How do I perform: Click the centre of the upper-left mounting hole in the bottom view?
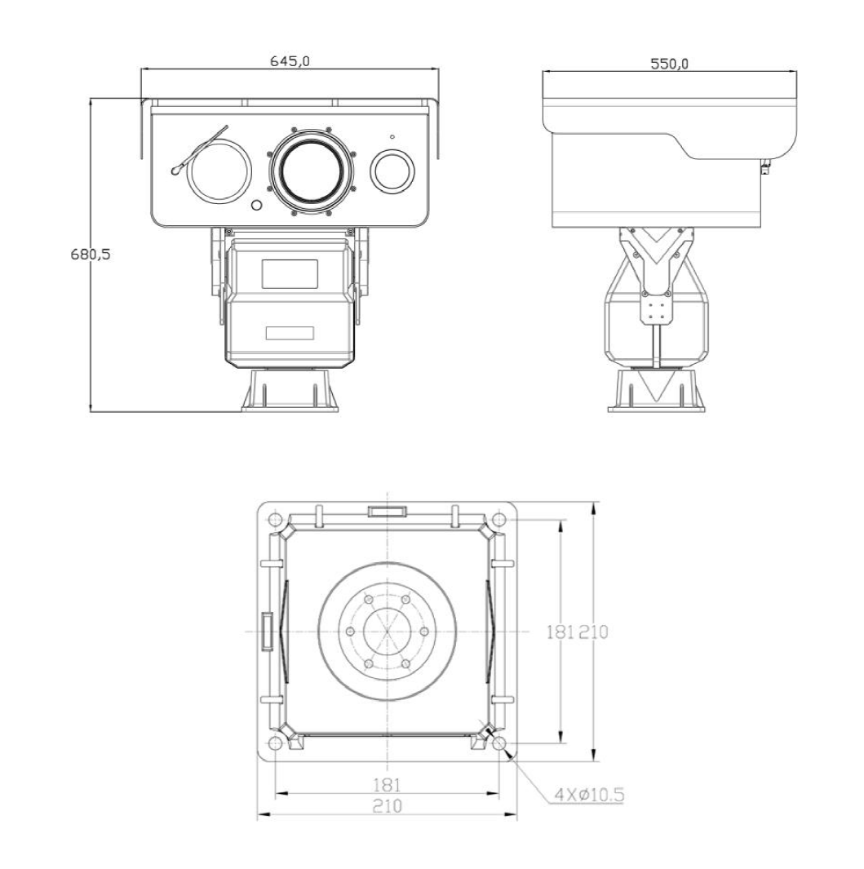click(x=274, y=521)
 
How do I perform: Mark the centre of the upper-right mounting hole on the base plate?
click(x=498, y=521)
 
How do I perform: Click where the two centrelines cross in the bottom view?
click(x=387, y=632)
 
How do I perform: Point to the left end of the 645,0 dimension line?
click(x=141, y=69)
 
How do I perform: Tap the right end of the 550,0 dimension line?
click(x=796, y=71)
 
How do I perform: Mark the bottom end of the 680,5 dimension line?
click(x=91, y=412)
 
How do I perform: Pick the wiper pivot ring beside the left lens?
click(x=176, y=171)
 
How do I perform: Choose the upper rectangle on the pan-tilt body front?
click(x=290, y=274)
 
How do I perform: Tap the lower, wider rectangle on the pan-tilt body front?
click(x=290, y=333)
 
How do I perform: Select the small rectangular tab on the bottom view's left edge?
click(x=268, y=632)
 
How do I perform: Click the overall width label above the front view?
click(x=290, y=60)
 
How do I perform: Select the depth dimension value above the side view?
click(x=669, y=64)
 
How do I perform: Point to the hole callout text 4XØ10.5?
click(x=590, y=795)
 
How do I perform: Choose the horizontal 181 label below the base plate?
click(x=387, y=785)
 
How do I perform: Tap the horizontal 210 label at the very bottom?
click(x=387, y=805)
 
